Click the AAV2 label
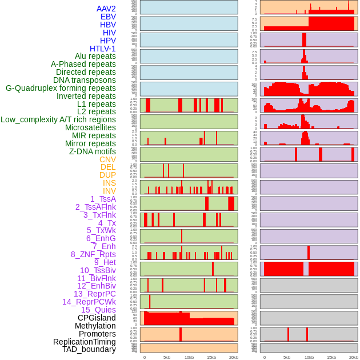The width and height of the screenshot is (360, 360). [x=106, y=9]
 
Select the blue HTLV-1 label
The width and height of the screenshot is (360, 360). [x=103, y=49]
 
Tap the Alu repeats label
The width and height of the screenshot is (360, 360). [x=95, y=56]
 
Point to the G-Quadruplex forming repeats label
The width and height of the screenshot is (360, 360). [x=61, y=88]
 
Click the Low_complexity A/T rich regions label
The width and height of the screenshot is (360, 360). [x=58, y=119]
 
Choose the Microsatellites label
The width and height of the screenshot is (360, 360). [x=90, y=127]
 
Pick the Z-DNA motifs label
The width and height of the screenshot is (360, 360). [x=93, y=151]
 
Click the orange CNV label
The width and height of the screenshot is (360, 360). [x=107, y=159]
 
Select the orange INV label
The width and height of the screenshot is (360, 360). [x=109, y=191]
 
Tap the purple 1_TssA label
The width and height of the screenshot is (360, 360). [x=103, y=199]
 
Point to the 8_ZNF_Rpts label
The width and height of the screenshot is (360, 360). [x=93, y=254]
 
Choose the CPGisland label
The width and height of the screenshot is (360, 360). [x=97, y=318]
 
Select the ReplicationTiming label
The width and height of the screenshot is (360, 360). [x=85, y=342]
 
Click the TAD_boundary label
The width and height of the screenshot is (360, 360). [x=89, y=349]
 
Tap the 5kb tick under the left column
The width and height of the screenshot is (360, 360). [x=167, y=357]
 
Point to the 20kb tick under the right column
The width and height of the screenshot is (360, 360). [x=354, y=357]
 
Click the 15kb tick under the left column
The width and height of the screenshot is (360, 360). [x=211, y=357]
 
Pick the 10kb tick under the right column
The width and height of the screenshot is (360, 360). [x=309, y=357]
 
